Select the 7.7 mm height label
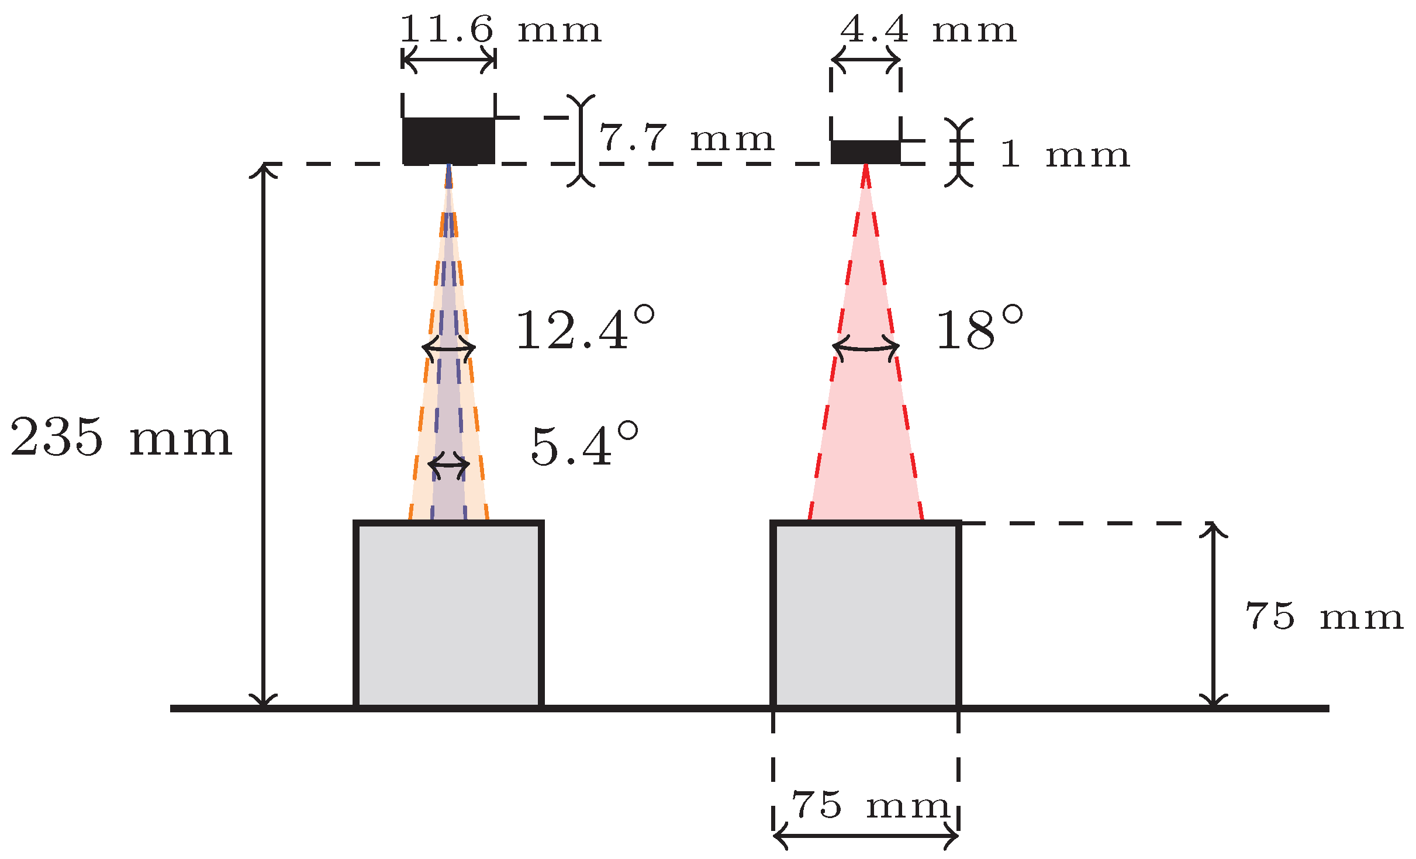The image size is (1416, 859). click(x=686, y=138)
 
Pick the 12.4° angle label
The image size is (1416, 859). click(x=585, y=330)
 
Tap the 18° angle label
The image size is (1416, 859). click(x=980, y=330)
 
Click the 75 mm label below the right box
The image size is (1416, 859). click(x=870, y=806)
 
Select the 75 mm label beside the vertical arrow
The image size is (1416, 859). click(x=1324, y=616)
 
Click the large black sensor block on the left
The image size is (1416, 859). click(x=448, y=141)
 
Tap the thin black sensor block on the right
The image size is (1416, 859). click(x=865, y=152)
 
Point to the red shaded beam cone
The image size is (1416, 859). click(x=866, y=409)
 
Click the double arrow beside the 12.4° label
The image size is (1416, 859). click(x=449, y=348)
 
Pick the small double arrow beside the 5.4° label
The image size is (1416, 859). click(x=449, y=465)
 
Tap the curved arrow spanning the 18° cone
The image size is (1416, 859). click(x=866, y=348)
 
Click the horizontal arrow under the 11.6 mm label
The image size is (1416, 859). click(x=449, y=60)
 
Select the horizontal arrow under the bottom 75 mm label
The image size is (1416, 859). click(x=866, y=836)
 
